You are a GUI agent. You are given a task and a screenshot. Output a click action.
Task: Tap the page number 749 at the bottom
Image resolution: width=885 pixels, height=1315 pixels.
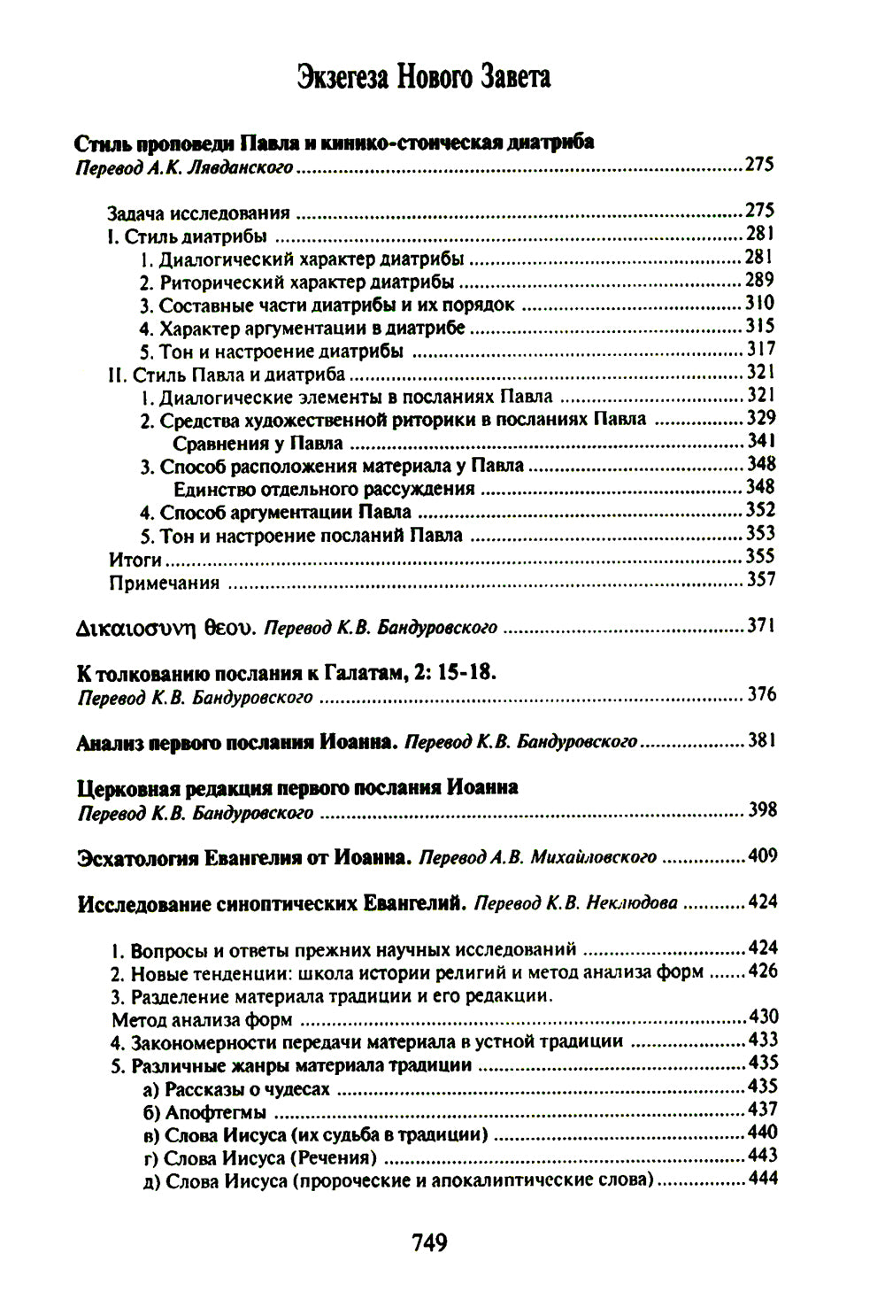click(430, 1242)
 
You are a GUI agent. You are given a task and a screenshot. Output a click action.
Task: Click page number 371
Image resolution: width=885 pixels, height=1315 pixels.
click(761, 625)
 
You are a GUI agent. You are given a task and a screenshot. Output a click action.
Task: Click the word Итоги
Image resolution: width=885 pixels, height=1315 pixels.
click(135, 559)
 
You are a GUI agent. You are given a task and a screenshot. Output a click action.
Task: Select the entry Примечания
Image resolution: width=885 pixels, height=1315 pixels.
click(164, 583)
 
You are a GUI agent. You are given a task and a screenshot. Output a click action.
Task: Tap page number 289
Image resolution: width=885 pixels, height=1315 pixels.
click(760, 280)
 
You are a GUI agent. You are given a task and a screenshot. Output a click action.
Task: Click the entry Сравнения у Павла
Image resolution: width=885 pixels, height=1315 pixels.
click(258, 443)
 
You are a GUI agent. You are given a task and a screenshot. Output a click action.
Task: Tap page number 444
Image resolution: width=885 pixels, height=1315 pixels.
click(762, 1179)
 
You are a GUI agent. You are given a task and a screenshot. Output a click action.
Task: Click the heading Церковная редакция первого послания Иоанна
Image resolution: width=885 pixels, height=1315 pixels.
click(297, 787)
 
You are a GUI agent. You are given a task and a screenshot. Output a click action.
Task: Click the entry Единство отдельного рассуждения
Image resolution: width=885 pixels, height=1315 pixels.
click(324, 489)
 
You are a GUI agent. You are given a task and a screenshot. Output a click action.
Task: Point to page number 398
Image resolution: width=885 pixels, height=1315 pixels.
click(761, 809)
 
